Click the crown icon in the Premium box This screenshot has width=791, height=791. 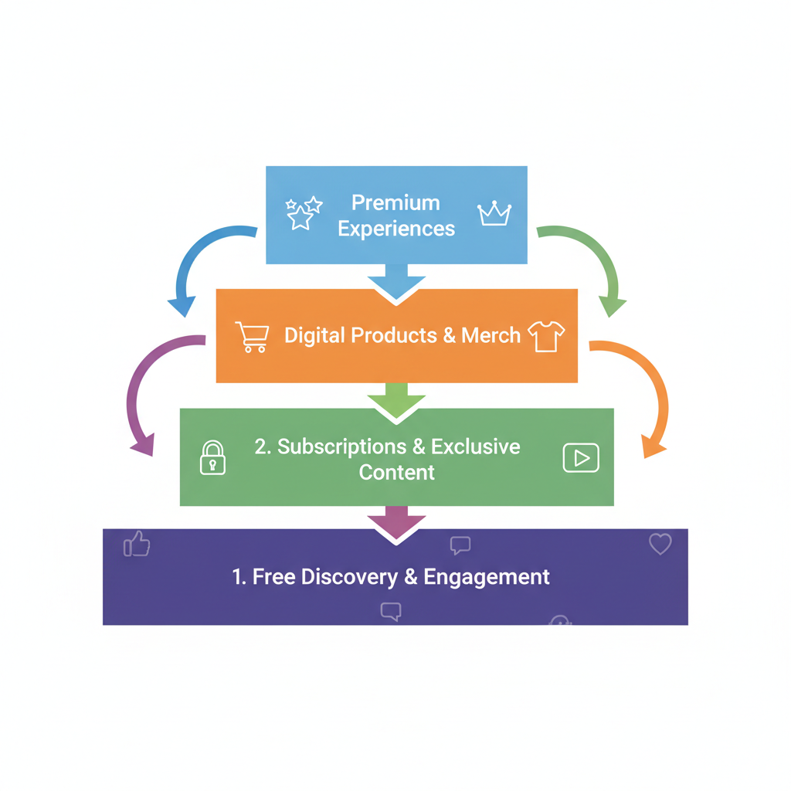point(494,214)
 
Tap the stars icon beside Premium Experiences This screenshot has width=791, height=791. point(303,212)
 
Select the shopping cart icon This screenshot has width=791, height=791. point(253,337)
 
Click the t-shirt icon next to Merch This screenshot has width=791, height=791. point(546,337)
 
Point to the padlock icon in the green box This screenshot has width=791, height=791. point(213,457)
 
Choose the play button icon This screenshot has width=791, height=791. point(580,458)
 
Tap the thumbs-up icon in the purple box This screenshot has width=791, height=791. point(137,545)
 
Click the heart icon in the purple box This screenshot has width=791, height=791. point(660,545)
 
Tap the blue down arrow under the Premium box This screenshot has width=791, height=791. point(396,280)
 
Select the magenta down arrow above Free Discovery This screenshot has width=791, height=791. point(396,521)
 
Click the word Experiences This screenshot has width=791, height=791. point(396,229)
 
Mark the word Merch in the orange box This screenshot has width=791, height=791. point(491,335)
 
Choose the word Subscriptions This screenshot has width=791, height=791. point(341,446)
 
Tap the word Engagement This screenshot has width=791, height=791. point(487,577)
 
